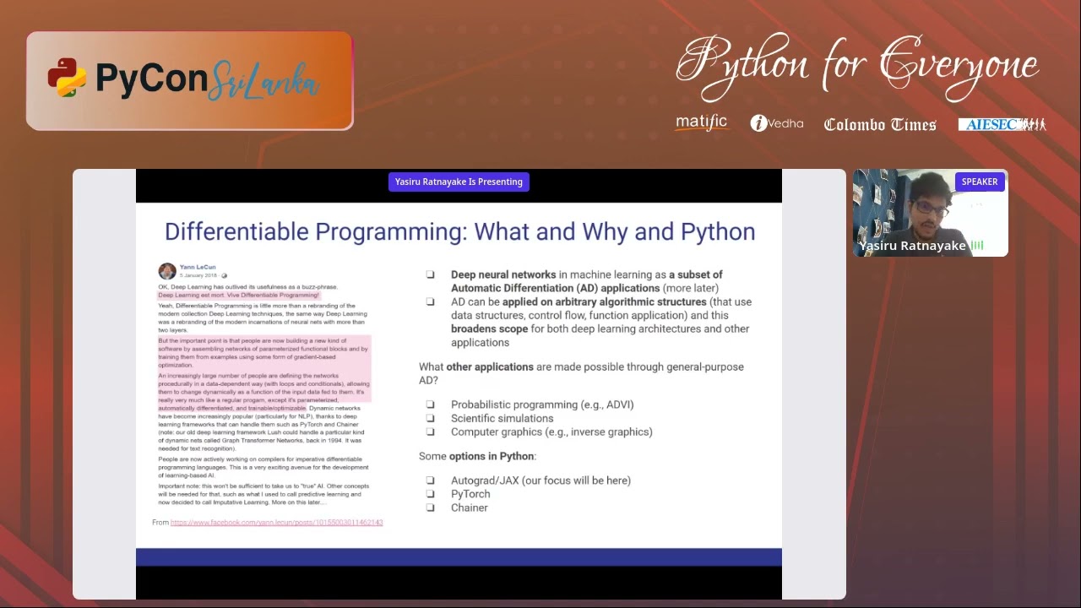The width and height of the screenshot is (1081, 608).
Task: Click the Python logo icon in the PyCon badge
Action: [67, 78]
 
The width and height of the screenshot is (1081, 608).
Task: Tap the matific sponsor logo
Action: [701, 123]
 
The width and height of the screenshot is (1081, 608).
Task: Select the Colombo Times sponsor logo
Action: [880, 125]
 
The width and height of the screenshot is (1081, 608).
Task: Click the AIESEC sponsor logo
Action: [1002, 124]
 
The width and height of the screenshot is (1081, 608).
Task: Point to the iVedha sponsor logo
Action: [776, 123]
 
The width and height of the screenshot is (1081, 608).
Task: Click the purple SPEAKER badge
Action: [980, 182]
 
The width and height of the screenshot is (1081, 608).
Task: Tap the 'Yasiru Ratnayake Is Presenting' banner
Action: [459, 182]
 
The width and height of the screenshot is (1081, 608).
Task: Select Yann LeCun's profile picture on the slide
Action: [167, 271]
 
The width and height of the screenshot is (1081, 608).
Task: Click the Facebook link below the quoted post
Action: [276, 523]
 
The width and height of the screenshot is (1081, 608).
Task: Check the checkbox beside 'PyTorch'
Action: [430, 494]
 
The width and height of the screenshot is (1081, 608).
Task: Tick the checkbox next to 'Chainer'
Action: [430, 508]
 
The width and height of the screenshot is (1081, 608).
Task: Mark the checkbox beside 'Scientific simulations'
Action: [430, 418]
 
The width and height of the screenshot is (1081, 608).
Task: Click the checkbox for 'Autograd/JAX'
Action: [430, 480]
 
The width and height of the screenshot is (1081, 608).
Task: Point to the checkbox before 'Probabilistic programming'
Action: [430, 404]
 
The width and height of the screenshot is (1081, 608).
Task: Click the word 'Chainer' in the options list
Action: [469, 508]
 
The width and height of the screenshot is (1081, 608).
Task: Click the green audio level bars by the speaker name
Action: [977, 246]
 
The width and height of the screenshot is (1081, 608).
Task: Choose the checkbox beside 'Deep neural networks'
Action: [430, 274]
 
